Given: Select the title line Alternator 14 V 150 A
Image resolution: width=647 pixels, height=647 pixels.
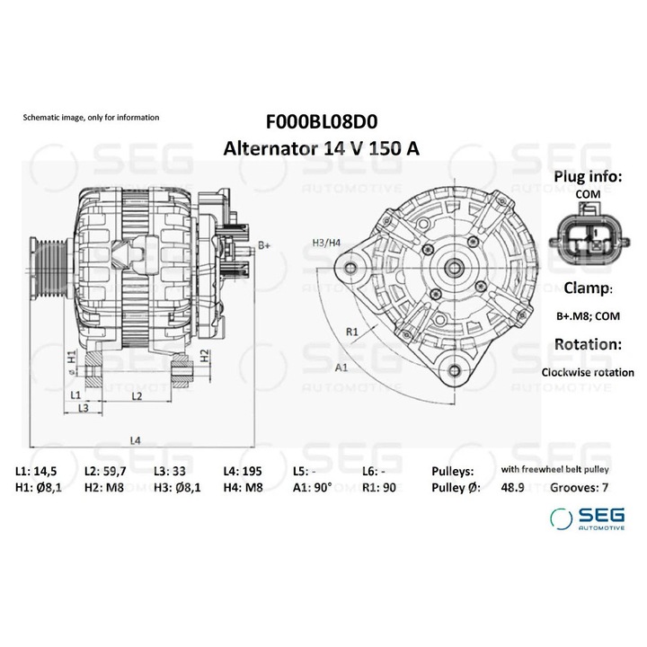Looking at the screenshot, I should [x=322, y=147].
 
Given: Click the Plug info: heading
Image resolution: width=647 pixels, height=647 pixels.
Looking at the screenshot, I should [x=587, y=176].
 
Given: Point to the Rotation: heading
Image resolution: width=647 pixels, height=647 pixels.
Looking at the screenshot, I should [x=588, y=344].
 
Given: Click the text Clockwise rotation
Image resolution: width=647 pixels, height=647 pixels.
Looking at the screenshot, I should [x=588, y=372].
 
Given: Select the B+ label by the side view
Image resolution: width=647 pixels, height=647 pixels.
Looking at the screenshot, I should [x=264, y=245].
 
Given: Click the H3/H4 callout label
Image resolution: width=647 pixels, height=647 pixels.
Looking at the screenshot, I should [x=326, y=243].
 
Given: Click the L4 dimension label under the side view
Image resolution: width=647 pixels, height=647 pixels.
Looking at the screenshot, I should [x=135, y=440].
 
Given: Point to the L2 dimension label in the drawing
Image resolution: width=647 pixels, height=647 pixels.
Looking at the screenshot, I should [x=137, y=394].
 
